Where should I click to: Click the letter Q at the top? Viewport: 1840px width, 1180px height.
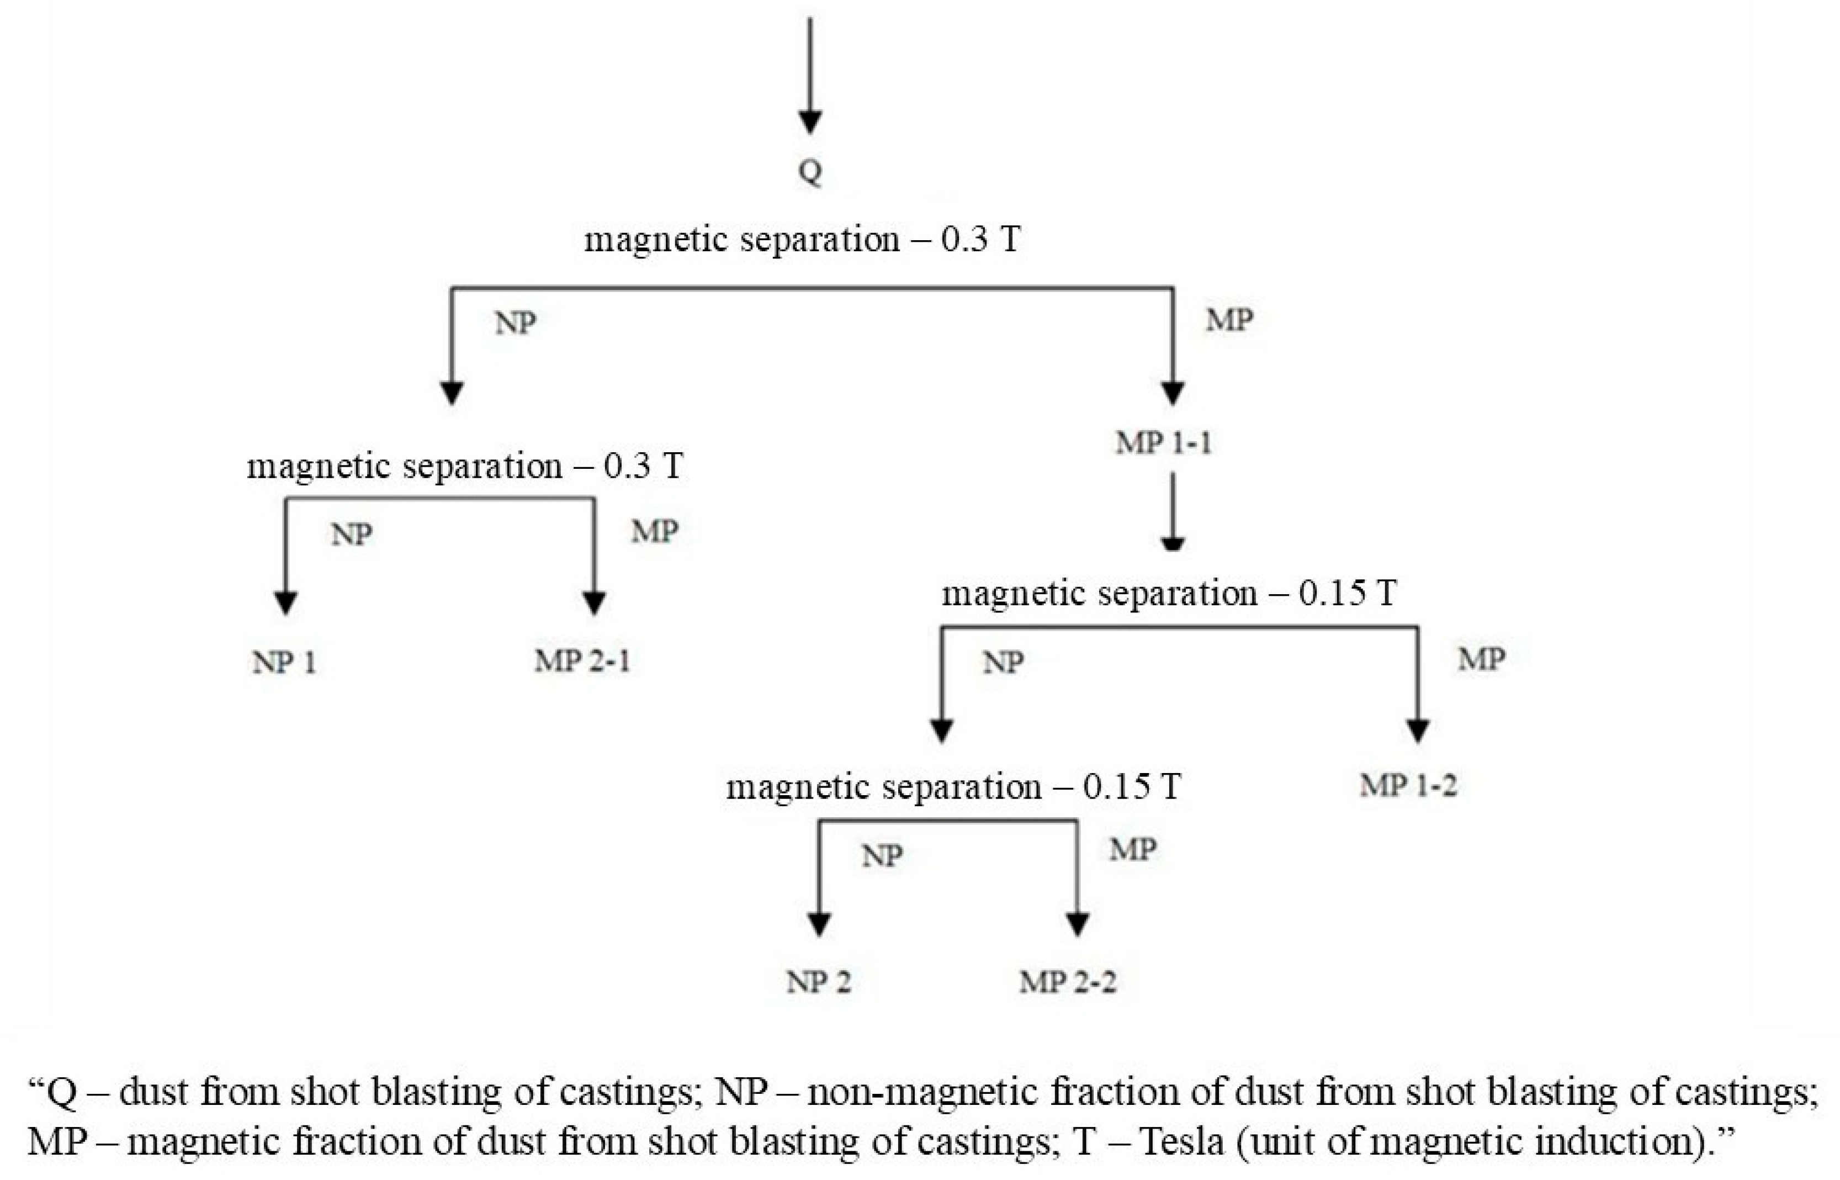[810, 172]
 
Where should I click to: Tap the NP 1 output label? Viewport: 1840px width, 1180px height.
[284, 663]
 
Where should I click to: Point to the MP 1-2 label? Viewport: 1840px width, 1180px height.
[1408, 785]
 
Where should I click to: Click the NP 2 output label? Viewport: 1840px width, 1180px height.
[818, 982]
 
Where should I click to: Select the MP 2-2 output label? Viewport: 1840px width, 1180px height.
[1068, 982]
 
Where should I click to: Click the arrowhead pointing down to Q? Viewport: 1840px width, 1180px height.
[810, 121]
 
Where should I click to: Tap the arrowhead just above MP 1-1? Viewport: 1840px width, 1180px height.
[1173, 392]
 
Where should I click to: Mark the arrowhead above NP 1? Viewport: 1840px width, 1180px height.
[286, 603]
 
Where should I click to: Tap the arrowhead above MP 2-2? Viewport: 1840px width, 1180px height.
[1078, 925]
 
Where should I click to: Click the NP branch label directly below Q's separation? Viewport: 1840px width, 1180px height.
[515, 324]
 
